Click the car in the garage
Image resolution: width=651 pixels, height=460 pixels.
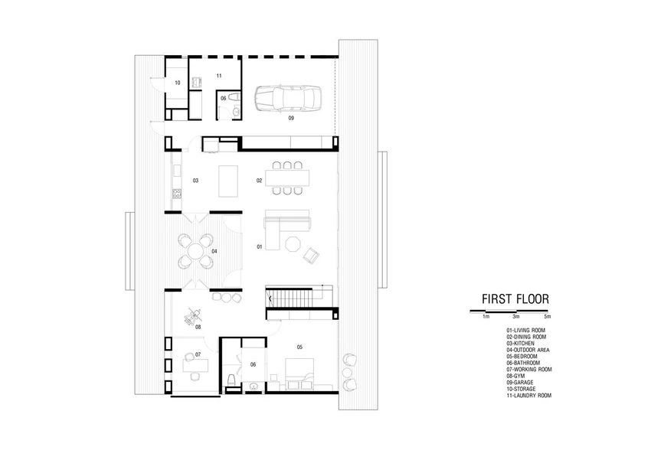click(288, 99)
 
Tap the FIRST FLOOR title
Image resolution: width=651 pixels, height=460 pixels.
click(515, 299)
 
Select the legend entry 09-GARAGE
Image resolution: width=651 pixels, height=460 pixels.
click(520, 383)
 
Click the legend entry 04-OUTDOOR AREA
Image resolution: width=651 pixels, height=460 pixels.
click(528, 350)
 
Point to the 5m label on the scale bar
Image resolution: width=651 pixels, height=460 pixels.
click(547, 317)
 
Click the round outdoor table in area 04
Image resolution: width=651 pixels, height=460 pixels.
click(195, 251)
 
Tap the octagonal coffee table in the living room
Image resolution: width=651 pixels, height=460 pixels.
click(293, 243)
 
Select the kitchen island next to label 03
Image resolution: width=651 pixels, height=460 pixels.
click(228, 181)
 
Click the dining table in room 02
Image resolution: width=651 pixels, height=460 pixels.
click(288, 178)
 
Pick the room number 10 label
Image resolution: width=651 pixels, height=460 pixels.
click(177, 83)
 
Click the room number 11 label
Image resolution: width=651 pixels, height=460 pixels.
click(219, 76)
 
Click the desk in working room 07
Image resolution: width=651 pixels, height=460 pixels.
click(195, 365)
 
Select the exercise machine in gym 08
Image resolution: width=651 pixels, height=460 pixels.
click(193, 315)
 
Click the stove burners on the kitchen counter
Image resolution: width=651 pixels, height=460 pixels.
click(177, 193)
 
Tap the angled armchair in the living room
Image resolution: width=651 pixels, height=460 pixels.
click(311, 255)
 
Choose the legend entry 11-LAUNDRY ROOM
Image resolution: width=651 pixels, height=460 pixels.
click(528, 396)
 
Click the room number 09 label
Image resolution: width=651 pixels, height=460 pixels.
click(291, 118)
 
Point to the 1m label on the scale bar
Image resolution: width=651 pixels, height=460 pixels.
click(486, 317)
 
